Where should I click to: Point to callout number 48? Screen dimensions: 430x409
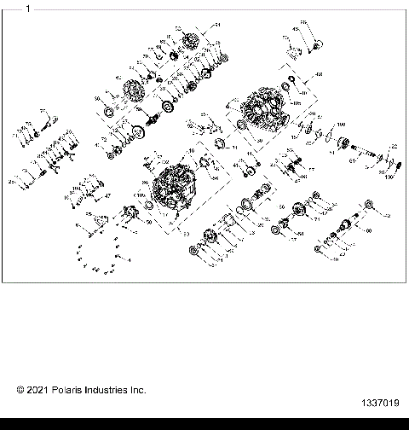pyautogui.click(x=320, y=75)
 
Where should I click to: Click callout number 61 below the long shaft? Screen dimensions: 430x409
pyautogui.click(x=351, y=159)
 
